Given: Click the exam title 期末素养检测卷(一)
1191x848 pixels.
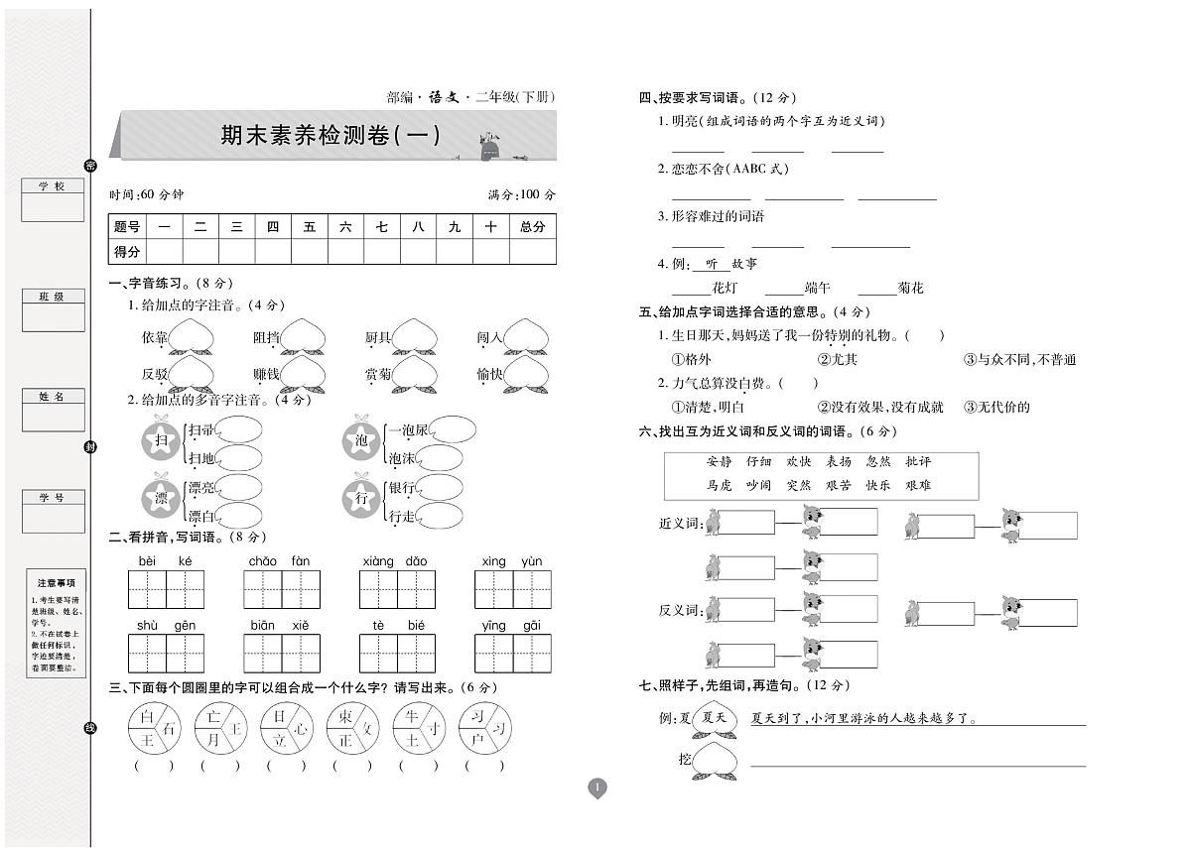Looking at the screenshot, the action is tap(330, 135).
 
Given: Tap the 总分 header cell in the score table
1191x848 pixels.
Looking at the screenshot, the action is tap(533, 227).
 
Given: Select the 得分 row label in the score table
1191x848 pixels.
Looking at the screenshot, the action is tap(127, 252).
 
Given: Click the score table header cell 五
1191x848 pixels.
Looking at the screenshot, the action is tap(310, 227).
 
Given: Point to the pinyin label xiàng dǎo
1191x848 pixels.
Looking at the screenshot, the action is tap(394, 561).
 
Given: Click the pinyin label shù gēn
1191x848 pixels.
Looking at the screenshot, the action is tap(165, 625).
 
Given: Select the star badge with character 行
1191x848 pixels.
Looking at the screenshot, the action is tap(361, 498).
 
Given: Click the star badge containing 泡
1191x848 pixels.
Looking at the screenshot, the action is tap(361, 440).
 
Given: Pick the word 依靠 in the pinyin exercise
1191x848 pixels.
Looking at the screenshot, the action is tap(155, 338).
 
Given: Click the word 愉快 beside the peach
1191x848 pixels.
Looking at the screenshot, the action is tap(490, 374).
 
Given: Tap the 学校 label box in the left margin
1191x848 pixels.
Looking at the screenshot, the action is tap(52, 186).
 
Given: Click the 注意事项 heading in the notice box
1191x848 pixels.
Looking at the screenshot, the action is tap(56, 583).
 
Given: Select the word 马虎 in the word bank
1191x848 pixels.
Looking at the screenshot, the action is tap(720, 485).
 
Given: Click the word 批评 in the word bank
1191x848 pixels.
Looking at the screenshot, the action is tap(918, 461).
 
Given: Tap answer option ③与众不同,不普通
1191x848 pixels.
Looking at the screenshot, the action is tap(1019, 359).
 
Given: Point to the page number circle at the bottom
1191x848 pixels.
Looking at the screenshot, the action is tap(596, 788).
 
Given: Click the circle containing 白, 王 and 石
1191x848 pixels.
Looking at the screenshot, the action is tap(154, 729).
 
